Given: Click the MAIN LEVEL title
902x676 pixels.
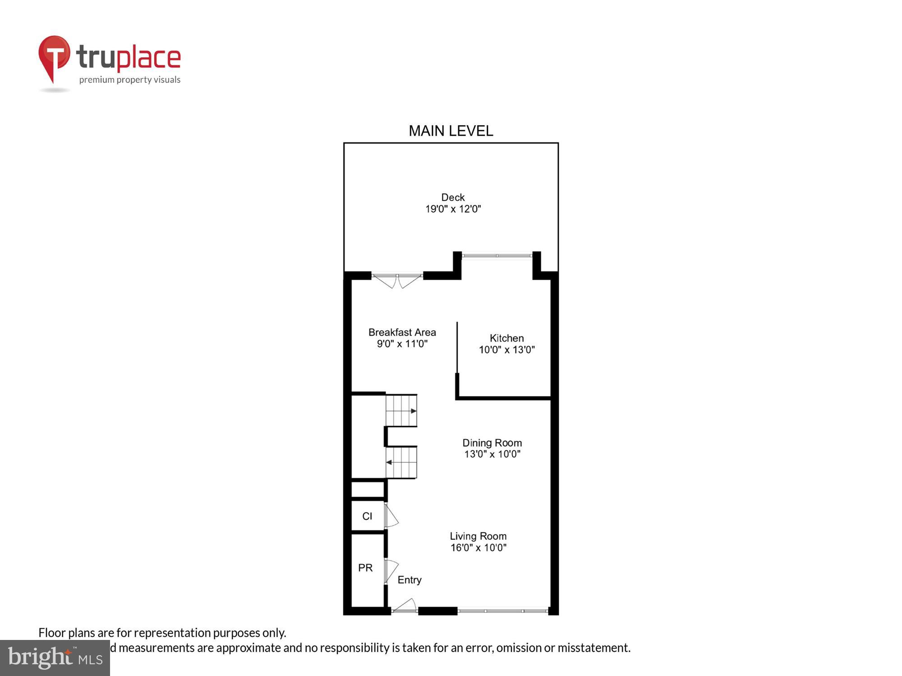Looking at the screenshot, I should tap(451, 131).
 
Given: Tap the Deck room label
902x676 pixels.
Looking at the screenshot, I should tap(453, 197).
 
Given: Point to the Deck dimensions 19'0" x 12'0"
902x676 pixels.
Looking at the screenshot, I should tap(453, 209).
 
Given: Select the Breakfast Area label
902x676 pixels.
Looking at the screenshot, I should tap(402, 333).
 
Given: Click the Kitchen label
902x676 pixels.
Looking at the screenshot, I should tap(506, 338).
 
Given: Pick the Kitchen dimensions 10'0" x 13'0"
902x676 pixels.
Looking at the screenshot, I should tap(506, 350).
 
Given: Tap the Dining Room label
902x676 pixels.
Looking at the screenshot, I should tap(492, 443).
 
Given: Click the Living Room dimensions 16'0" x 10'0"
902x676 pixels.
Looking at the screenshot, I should tap(478, 548).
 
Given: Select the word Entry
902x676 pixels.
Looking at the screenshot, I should tap(409, 580).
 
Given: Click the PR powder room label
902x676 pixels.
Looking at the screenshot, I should tap(365, 568).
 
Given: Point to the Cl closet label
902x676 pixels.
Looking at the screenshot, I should tap(367, 516).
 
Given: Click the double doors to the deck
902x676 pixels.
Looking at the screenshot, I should tap(397, 280).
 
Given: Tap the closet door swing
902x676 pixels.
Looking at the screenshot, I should tap(391, 516).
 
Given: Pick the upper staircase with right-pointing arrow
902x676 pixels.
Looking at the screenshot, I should tap(401, 411).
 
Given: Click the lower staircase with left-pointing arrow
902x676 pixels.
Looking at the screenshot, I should tap(401, 462).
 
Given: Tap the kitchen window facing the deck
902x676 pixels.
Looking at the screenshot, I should tap(497, 256).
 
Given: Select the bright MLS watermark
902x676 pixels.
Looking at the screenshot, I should tap(55, 658).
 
